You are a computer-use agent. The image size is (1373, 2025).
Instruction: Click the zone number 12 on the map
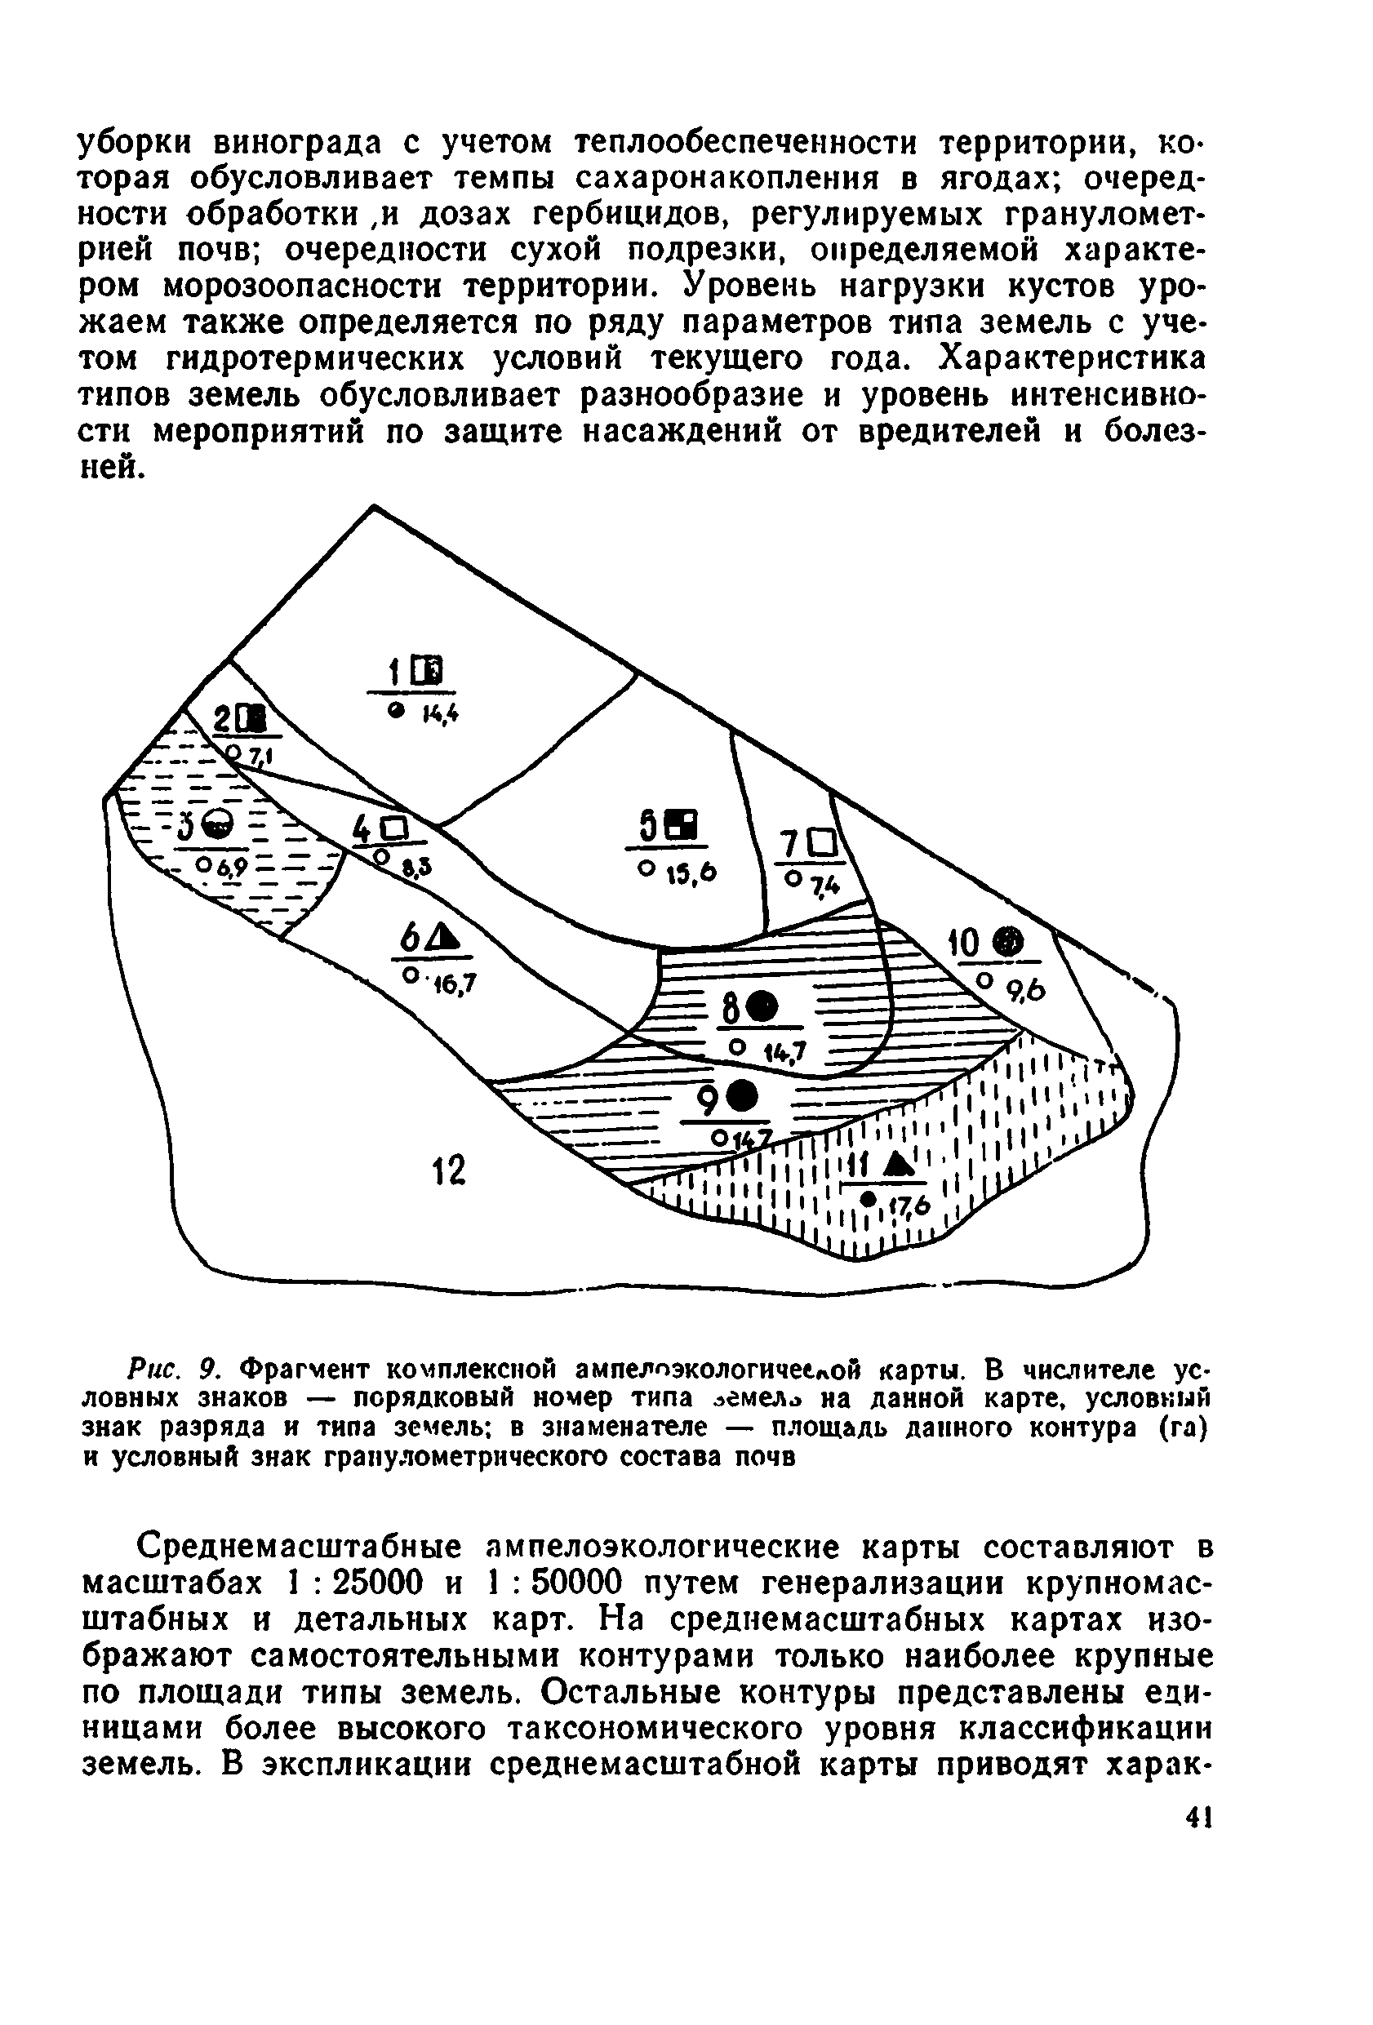point(450,1170)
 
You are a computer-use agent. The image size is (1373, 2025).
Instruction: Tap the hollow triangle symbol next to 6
point(442,939)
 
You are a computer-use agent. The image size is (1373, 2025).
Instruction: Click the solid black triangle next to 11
point(897,1162)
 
